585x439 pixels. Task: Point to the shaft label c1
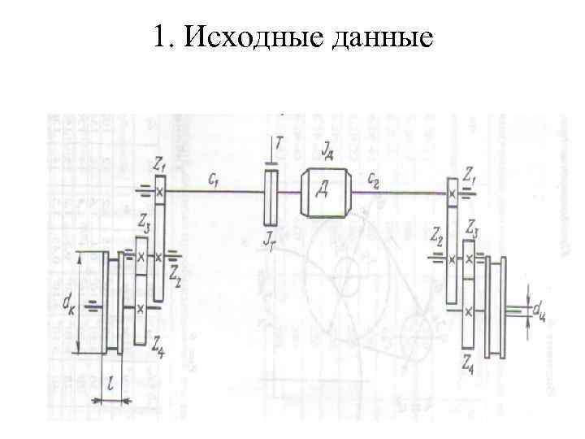coord(214,180)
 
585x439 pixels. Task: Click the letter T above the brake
coord(279,143)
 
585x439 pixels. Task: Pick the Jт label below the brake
coord(271,238)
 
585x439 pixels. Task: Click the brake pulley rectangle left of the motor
coord(271,196)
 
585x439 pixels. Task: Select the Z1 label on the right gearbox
coord(469,174)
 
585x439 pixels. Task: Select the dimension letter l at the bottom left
coord(108,383)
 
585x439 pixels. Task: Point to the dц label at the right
coord(539,310)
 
